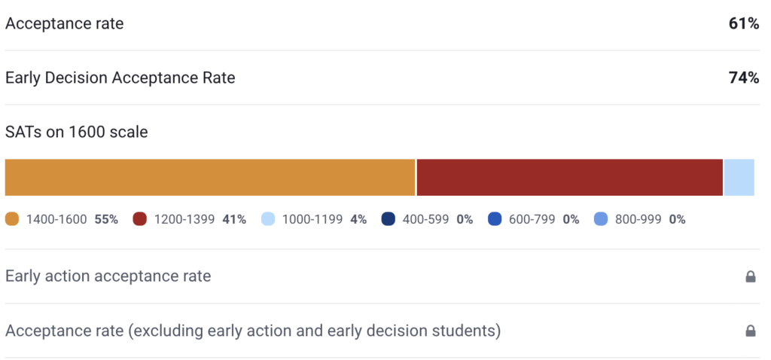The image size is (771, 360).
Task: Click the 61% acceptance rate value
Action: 743,23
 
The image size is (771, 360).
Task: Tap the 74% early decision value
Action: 743,78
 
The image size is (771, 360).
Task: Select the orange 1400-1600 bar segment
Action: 210,178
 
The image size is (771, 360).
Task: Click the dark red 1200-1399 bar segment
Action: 569,178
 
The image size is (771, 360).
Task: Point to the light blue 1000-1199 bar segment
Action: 739,178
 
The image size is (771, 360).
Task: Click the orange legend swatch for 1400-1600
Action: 12,220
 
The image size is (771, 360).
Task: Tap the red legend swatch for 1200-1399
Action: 139,220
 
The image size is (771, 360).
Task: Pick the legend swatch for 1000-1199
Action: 267,220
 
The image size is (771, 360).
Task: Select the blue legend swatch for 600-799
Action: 495,220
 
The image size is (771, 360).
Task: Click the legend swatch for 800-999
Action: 601,220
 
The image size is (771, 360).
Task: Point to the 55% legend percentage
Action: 106,220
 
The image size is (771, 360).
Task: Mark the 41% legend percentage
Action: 234,220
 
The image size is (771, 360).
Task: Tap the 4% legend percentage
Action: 358,220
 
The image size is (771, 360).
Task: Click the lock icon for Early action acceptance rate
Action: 750,276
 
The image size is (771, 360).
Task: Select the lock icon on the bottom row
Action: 750,331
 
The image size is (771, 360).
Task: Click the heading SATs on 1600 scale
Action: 77,132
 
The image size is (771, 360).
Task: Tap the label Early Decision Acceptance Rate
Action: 120,78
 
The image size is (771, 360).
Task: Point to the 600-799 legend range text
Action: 531,220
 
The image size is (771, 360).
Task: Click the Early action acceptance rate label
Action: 108,276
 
